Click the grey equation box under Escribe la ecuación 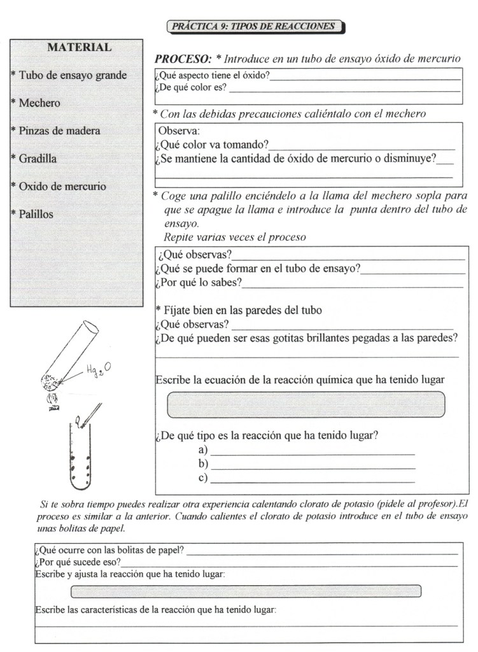pyautogui.click(x=306, y=404)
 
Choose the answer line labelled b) pyautogui.click(x=312, y=465)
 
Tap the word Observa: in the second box pyautogui.click(x=179, y=131)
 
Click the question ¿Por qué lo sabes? pyautogui.click(x=199, y=282)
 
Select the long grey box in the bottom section pyautogui.click(x=246, y=591)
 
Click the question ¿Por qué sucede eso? pyautogui.click(x=78, y=562)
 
